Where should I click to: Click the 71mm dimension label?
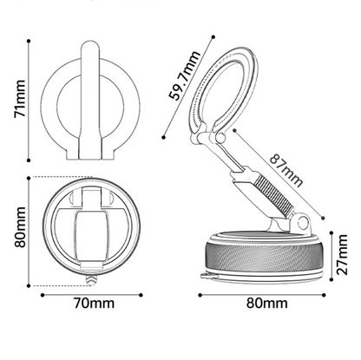20,99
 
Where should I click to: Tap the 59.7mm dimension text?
184,75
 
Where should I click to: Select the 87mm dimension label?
286,171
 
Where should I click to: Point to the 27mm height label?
343,254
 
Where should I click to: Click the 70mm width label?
94,304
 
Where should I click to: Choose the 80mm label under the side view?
266,304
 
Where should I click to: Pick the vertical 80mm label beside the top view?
21,227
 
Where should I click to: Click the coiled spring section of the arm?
273,195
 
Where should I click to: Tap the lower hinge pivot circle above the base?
303,221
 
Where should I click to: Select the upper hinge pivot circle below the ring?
220,138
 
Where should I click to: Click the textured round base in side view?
265,258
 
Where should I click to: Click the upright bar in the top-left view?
90,101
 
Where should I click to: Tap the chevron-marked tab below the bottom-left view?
91,279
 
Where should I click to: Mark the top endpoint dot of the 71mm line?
29,42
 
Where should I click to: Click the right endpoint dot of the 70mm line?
141,295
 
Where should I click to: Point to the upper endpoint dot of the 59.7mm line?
213,36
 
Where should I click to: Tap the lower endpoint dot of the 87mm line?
324,219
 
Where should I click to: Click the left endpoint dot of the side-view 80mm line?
200,295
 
